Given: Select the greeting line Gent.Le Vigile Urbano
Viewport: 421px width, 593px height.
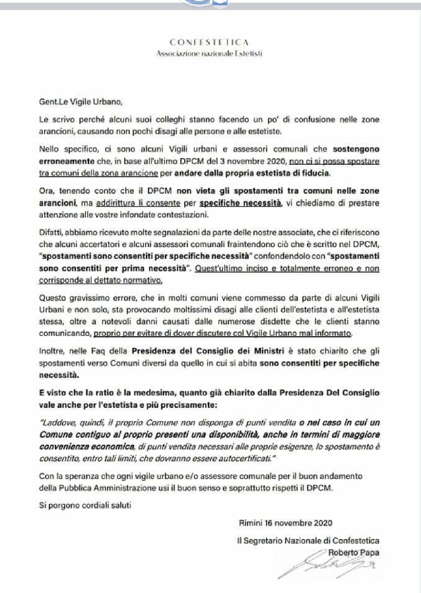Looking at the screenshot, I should (80, 101).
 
